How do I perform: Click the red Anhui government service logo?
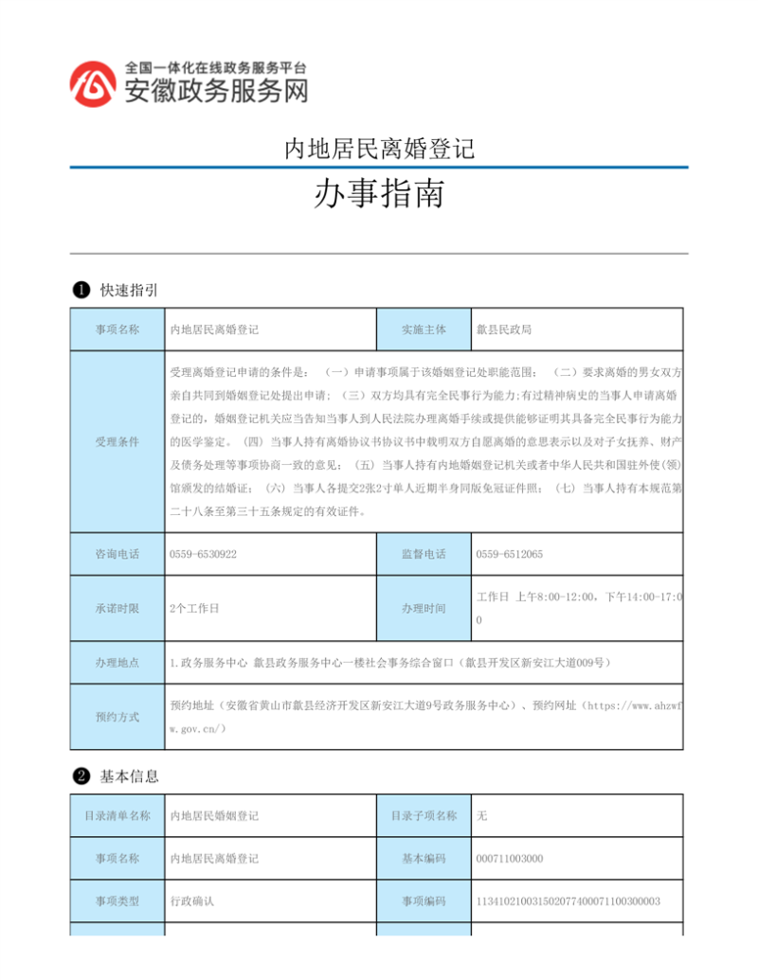pyautogui.click(x=92, y=83)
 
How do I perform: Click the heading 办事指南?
pyautogui.click(x=378, y=196)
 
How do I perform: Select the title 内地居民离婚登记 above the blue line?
pyautogui.click(x=378, y=149)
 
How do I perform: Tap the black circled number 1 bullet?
pyautogui.click(x=81, y=290)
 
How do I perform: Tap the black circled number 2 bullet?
pyautogui.click(x=81, y=776)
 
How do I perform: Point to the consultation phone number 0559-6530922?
pyautogui.click(x=203, y=554)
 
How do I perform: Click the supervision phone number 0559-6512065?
pyautogui.click(x=509, y=554)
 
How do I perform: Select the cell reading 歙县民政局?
pyautogui.click(x=503, y=330)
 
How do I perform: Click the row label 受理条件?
pyautogui.click(x=117, y=441)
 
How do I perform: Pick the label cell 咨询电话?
pyautogui.click(x=117, y=554)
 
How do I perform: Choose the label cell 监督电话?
pyautogui.click(x=424, y=554)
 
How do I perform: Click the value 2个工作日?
pyautogui.click(x=194, y=608)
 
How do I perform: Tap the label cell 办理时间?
pyautogui.click(x=424, y=608)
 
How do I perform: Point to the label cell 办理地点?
pyautogui.click(x=117, y=663)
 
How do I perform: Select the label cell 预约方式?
pyautogui.click(x=117, y=717)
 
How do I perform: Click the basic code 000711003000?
pyautogui.click(x=509, y=859)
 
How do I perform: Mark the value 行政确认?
pyautogui.click(x=191, y=901)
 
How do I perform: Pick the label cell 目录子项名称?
pyautogui.click(x=424, y=815)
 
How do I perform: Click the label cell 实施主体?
pyautogui.click(x=424, y=330)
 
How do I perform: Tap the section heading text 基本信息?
pyautogui.click(x=130, y=776)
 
